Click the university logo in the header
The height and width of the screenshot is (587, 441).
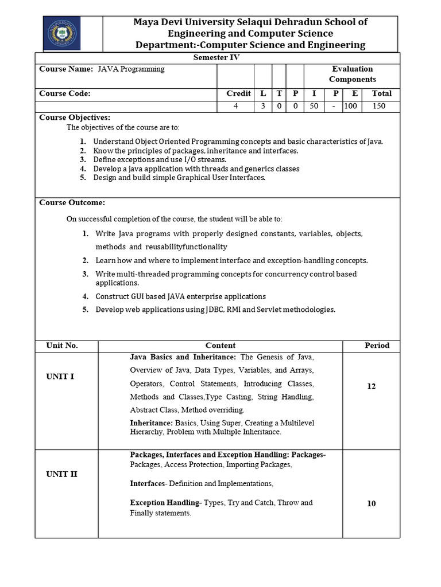61,33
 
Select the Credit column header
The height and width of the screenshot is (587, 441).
238,93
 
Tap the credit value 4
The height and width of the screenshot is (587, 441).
235,106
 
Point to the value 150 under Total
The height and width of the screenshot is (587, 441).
379,106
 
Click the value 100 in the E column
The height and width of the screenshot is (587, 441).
351,106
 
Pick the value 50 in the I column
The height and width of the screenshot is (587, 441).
314,106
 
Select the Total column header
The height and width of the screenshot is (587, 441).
381,93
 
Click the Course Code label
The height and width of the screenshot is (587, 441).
65,93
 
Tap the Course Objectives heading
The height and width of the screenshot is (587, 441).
75,118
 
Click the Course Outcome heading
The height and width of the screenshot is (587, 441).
72,202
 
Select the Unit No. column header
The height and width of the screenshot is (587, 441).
62,346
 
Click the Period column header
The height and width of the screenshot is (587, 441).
377,346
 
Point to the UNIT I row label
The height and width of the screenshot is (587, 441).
60,377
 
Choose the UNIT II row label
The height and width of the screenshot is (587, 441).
62,474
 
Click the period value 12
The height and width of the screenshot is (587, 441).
371,386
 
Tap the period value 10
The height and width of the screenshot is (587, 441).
371,504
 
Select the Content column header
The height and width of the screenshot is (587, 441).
220,346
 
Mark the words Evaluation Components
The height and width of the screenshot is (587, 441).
352,74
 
